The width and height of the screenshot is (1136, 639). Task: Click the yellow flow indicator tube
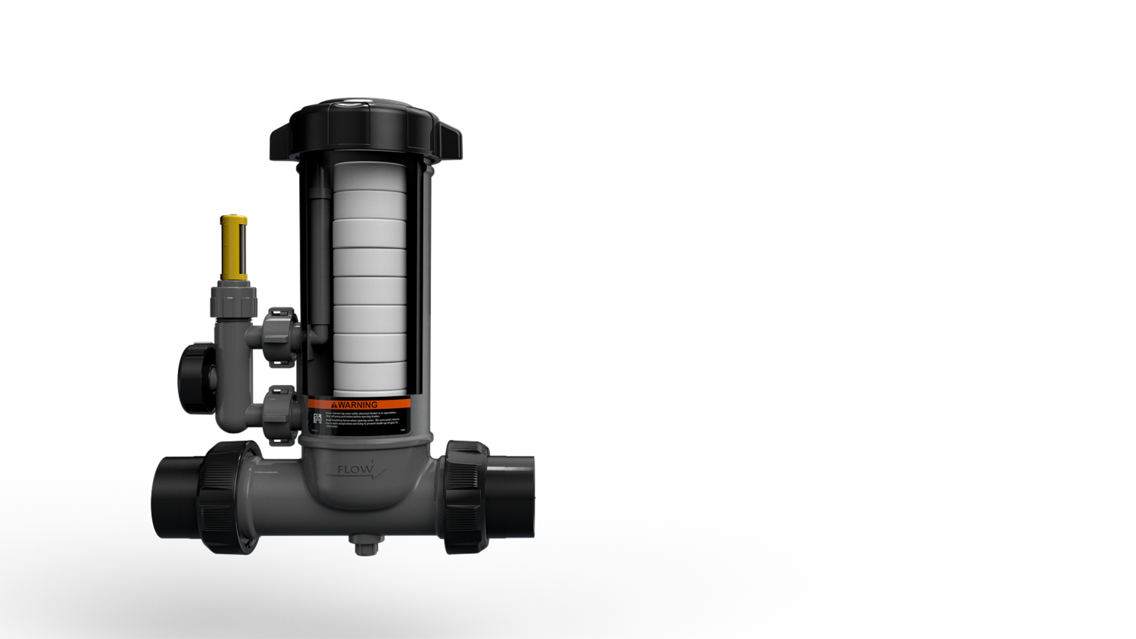coord(234,248)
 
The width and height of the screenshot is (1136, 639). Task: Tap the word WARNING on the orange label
coord(357,405)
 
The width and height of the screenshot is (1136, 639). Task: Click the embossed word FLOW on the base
coord(355,469)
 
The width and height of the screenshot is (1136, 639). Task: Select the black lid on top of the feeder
coord(366,131)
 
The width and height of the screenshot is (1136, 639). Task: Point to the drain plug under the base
coord(365,544)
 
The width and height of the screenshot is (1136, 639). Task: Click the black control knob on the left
coord(195,379)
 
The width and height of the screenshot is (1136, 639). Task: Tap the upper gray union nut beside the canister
coord(282,337)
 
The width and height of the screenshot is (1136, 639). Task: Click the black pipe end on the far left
coord(176,497)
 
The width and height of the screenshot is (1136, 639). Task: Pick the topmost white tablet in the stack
coord(370,176)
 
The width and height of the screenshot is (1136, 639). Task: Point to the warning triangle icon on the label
coord(334,405)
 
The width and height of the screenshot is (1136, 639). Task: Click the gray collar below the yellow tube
coord(233,300)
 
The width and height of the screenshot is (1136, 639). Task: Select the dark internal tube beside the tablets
coord(320,257)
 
